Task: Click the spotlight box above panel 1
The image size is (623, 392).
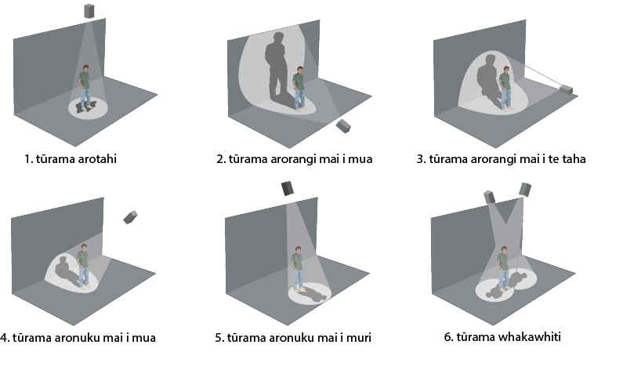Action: (89, 11)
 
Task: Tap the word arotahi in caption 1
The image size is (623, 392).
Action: (97, 159)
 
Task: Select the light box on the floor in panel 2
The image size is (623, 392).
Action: (343, 126)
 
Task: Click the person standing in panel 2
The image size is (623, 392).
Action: (299, 89)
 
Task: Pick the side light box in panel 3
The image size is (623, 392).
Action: (566, 89)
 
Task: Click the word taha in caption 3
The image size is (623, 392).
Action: (574, 159)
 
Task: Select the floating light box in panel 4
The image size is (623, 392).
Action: (130, 217)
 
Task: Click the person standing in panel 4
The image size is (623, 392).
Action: (83, 266)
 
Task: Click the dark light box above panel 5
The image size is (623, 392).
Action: (288, 188)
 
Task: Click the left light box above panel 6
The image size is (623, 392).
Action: (490, 198)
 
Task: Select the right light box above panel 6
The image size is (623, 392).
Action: (525, 190)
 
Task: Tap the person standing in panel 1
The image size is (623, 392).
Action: (85, 88)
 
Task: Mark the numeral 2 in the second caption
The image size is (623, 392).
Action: (219, 159)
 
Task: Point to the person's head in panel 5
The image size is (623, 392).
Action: (298, 250)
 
